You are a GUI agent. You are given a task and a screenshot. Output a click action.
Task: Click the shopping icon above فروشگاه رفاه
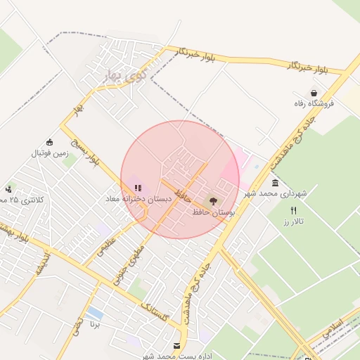coord(313,93)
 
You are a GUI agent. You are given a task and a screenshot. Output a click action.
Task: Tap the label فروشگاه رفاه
coord(314,103)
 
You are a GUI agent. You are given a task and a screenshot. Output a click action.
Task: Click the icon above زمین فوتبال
coord(49,142)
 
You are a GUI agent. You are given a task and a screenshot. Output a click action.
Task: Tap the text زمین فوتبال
coord(48,153)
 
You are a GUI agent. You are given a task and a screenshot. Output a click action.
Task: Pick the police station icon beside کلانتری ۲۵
coord(8,189)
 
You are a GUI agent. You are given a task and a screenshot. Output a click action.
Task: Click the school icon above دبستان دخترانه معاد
coord(138,188)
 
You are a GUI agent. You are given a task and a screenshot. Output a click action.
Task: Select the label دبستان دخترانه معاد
coord(139,200)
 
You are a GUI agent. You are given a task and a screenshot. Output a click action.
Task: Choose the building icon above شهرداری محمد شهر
coord(275,183)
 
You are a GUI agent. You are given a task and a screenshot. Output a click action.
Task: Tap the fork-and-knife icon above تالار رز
coord(293,211)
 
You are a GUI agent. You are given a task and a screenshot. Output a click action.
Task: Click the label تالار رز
coord(292,221)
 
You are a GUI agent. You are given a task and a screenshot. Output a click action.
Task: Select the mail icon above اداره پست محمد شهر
coord(176,345)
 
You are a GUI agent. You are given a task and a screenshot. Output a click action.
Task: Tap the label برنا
coord(95,325)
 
